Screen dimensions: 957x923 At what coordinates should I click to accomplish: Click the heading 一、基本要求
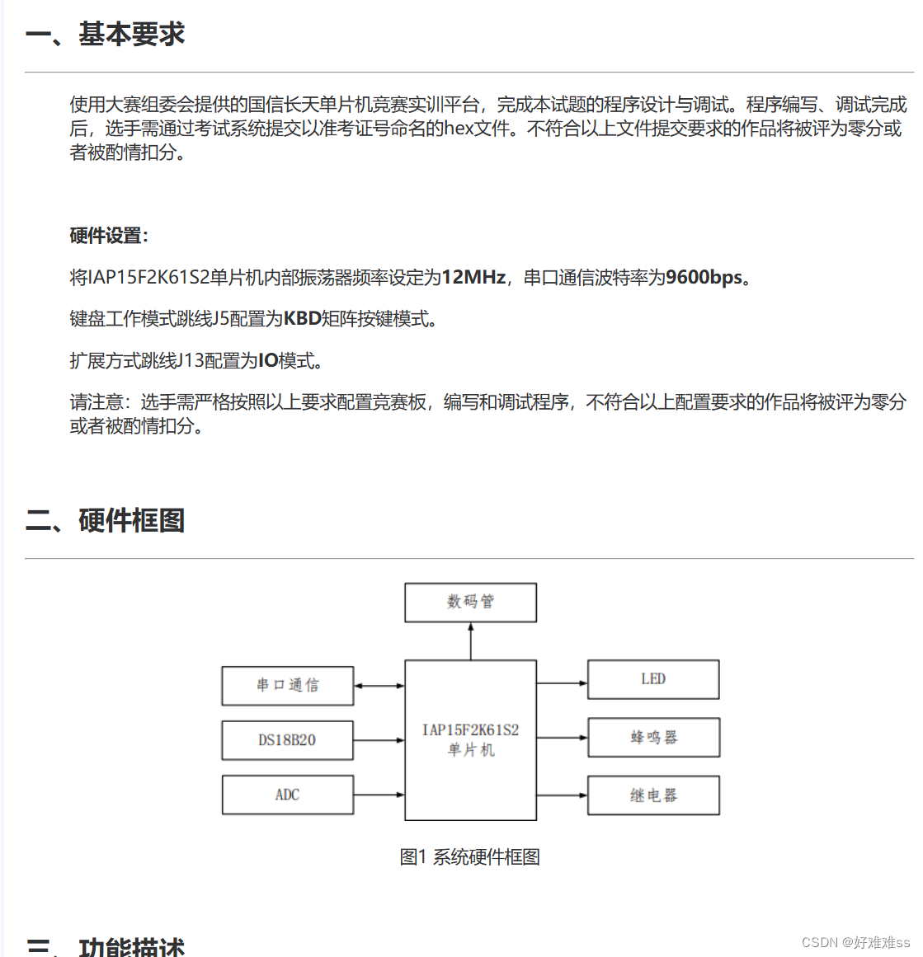coord(105,35)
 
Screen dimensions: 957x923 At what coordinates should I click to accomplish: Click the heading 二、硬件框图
coord(105,520)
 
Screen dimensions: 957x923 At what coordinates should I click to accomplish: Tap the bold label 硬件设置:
coord(109,236)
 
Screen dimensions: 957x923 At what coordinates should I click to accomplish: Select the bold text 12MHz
coord(473,278)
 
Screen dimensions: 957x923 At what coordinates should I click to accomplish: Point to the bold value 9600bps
coord(704,278)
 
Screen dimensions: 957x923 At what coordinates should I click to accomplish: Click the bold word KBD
coord(302,319)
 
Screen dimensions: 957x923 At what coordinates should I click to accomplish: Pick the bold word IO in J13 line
coord(268,361)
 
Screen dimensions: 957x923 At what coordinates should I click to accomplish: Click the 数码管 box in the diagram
coord(470,602)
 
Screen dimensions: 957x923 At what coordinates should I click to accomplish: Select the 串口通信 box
coord(287,686)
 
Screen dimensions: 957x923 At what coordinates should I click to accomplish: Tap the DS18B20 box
coord(287,740)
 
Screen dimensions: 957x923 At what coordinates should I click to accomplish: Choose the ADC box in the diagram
coord(287,795)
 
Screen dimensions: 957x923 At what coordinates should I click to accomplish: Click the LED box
coord(653,679)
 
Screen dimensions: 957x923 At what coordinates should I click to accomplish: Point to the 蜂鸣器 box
coord(653,737)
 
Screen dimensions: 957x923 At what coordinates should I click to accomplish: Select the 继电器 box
coord(653,795)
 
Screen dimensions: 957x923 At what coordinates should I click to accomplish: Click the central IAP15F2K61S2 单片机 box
coord(470,739)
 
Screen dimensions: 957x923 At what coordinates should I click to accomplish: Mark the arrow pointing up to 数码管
coord(471,640)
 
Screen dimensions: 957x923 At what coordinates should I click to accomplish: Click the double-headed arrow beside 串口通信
coord(379,686)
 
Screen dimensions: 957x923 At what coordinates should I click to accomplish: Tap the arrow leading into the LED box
coord(562,683)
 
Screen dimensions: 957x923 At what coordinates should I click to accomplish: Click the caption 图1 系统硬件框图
coord(469,857)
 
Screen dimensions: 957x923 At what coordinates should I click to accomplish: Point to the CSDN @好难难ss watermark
coord(855,942)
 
